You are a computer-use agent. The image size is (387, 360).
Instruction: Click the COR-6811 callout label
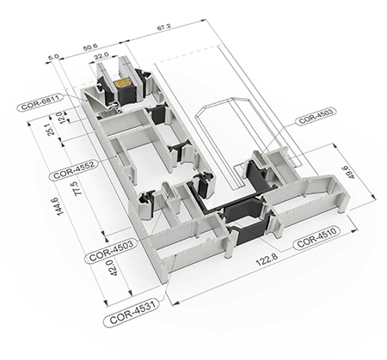[40, 102]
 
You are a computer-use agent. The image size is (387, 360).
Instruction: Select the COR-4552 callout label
[74, 170]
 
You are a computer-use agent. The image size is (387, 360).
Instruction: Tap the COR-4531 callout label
[131, 313]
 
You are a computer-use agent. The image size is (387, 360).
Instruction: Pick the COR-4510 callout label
[316, 237]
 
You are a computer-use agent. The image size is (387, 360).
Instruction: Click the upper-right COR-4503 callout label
[316, 116]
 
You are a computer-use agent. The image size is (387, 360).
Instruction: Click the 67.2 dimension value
[164, 27]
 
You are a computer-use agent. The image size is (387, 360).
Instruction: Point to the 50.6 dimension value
[90, 46]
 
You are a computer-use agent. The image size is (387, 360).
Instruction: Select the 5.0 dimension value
[53, 57]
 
